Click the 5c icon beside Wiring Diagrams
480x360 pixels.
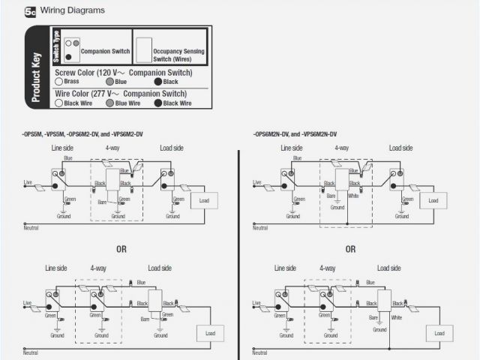click(31, 12)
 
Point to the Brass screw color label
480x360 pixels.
click(70, 81)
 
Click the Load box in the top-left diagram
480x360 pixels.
click(204, 200)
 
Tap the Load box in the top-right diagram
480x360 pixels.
click(433, 200)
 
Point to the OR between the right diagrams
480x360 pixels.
click(350, 248)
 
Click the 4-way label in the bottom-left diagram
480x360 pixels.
click(98, 268)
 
